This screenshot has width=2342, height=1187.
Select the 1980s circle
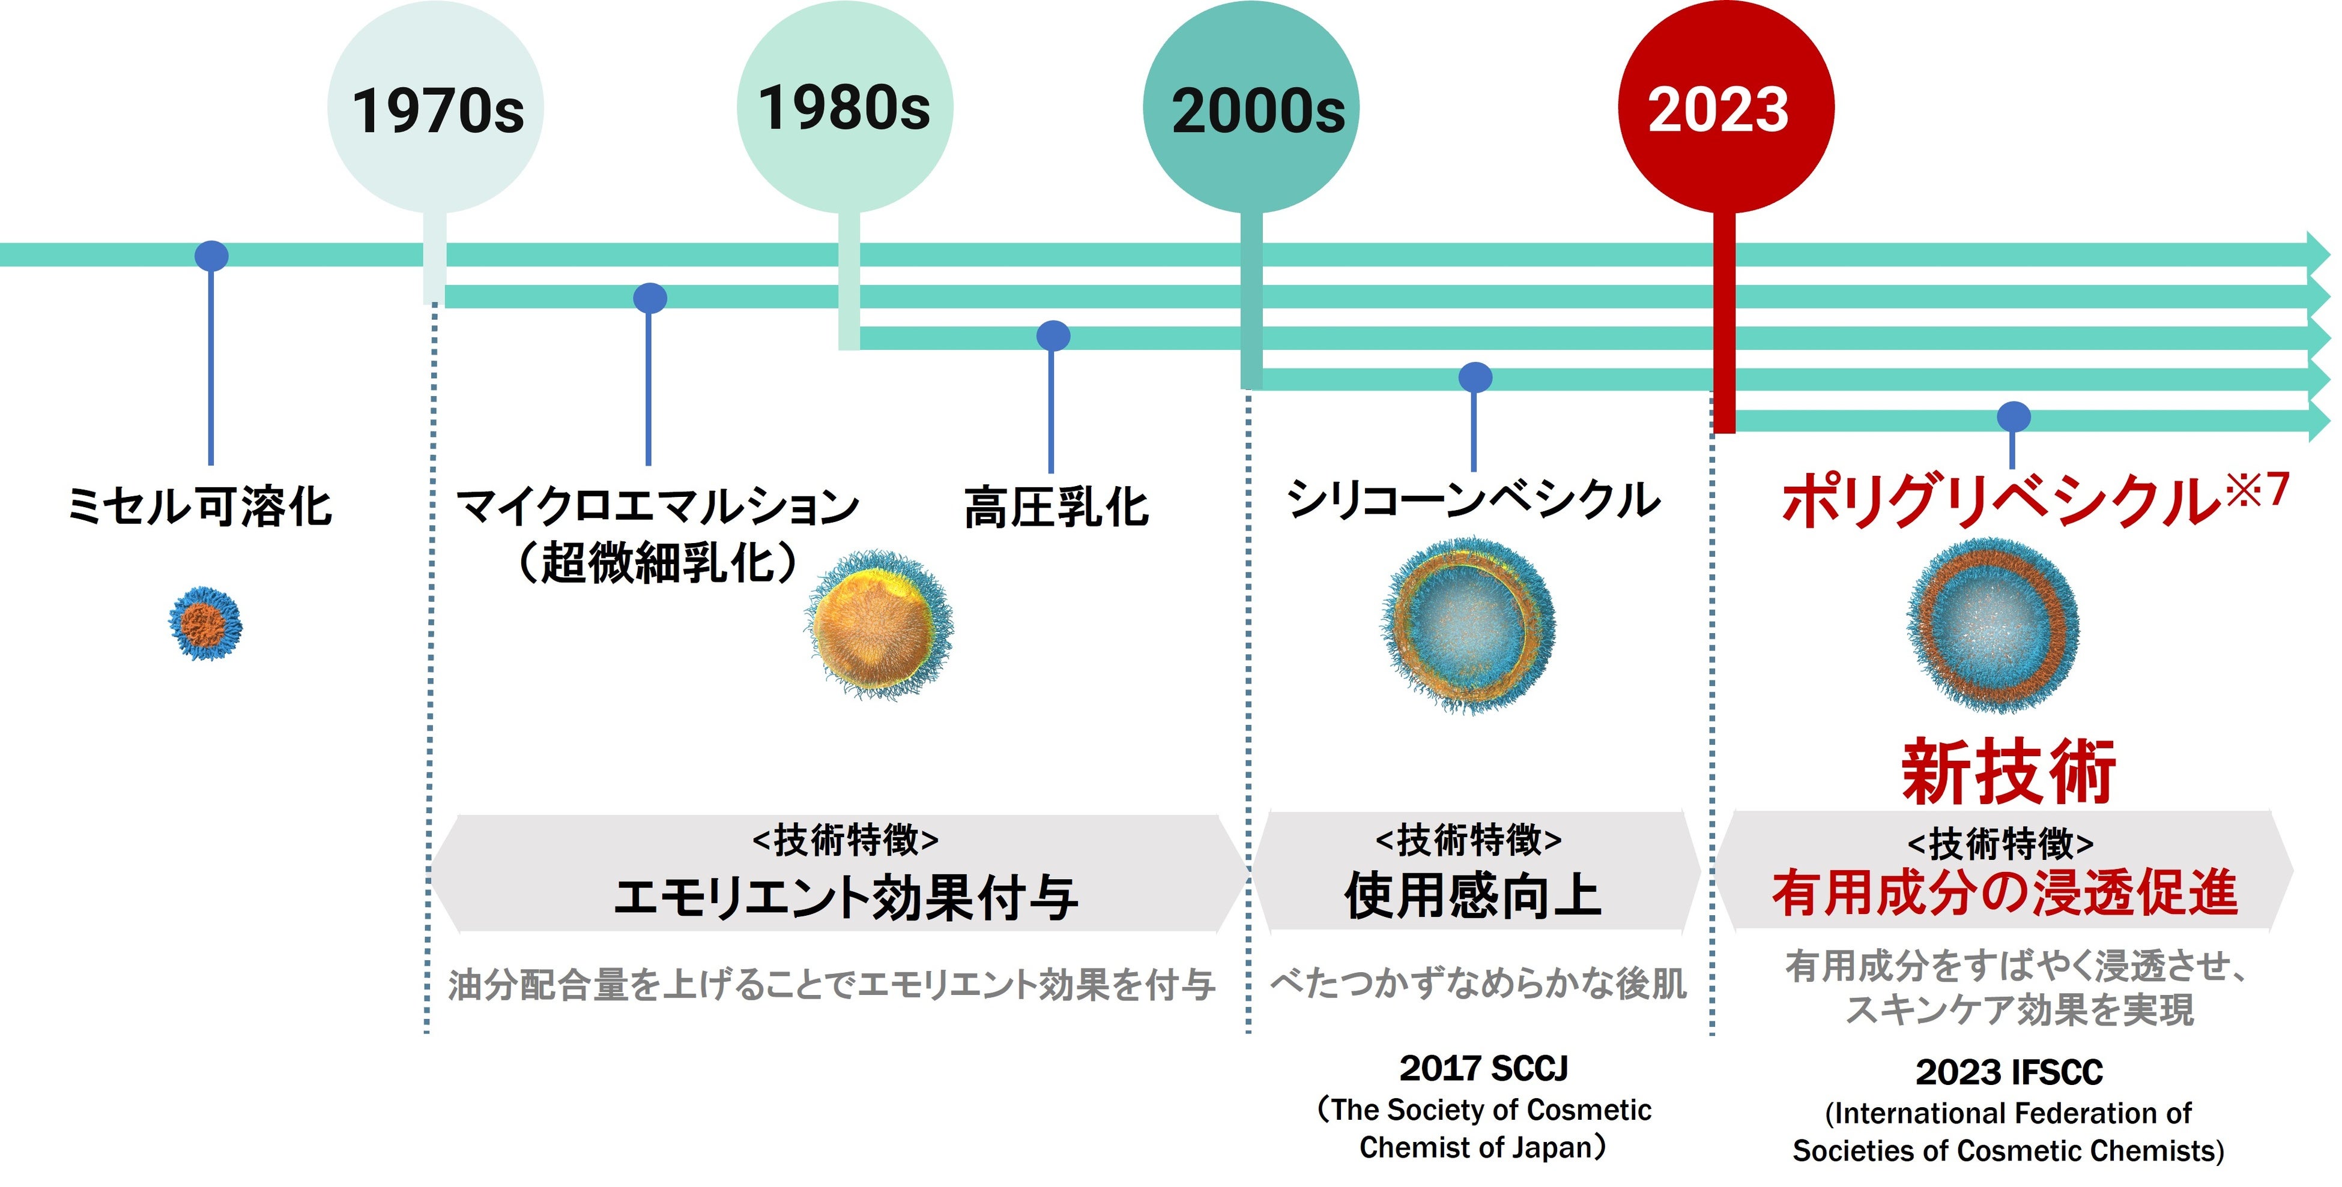[844, 107]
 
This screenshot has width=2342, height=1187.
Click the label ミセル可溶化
[200, 506]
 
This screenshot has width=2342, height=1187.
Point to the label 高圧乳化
[1056, 506]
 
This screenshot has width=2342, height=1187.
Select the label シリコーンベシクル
[1473, 500]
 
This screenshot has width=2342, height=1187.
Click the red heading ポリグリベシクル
[2000, 502]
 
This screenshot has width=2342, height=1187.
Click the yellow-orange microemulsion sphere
[878, 624]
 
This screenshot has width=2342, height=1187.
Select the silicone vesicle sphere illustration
[1468, 625]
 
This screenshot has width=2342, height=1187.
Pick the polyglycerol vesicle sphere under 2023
[1993, 625]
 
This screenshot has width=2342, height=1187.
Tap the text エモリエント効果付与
[846, 898]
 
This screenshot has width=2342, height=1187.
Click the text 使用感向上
[1473, 895]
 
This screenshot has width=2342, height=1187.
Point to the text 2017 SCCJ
[1484, 1069]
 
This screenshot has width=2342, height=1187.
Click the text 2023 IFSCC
[2009, 1072]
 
